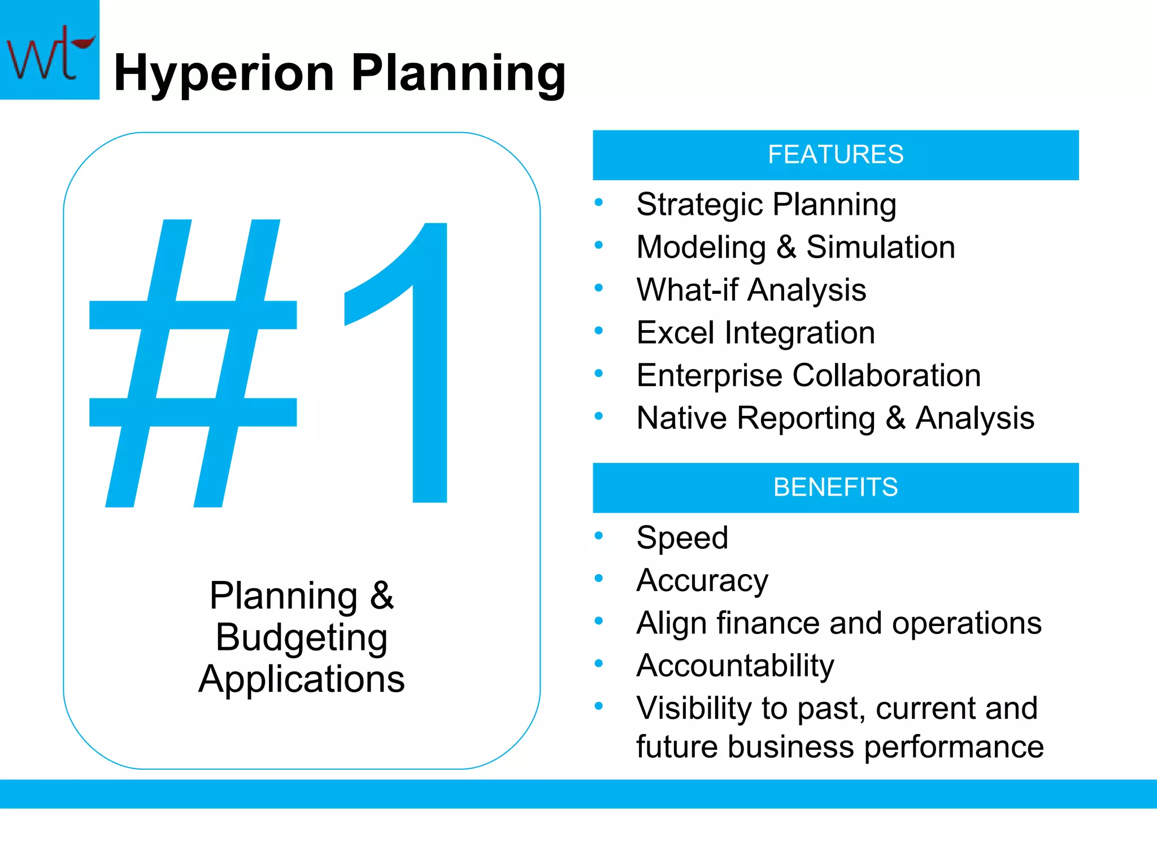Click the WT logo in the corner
click(49, 50)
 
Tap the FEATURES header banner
click(835, 155)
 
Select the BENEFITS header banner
click(835, 487)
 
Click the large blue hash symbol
click(193, 363)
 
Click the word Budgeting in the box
click(302, 637)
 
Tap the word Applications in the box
click(302, 679)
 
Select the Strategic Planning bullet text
click(766, 205)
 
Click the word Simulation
click(880, 248)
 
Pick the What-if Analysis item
click(751, 290)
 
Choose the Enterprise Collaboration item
click(808, 375)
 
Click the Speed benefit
click(682, 537)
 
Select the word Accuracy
click(702, 580)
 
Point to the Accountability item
click(734, 666)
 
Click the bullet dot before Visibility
click(599, 706)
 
